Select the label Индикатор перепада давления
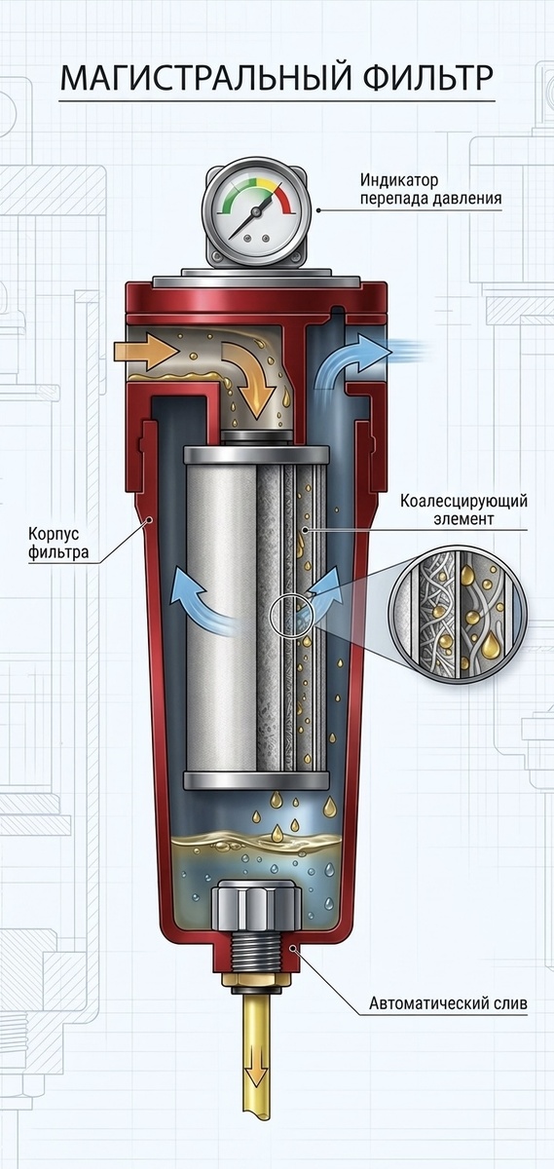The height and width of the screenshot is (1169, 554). click(x=431, y=189)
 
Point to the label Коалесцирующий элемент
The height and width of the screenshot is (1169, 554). click(x=463, y=509)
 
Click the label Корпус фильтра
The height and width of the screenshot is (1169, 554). click(x=57, y=544)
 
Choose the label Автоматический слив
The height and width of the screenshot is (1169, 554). click(x=448, y=1003)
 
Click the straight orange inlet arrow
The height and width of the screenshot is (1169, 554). click(x=145, y=352)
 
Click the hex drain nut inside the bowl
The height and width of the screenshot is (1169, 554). click(x=256, y=904)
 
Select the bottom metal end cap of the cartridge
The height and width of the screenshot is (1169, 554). click(x=256, y=781)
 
